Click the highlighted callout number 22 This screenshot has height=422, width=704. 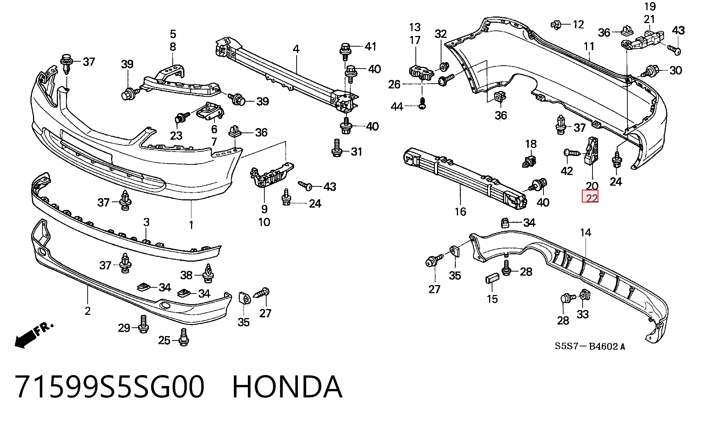tap(590, 198)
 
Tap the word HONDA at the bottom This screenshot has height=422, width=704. tap(287, 387)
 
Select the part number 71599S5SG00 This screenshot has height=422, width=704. tap(110, 387)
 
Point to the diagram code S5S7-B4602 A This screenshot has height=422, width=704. tap(590, 346)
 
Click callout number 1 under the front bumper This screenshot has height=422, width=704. tap(191, 225)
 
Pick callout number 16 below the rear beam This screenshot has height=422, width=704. tap(460, 211)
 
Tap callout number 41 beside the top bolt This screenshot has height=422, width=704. tap(370, 46)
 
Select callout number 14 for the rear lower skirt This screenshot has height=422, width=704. tap(586, 232)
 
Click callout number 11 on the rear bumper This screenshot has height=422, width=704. tap(589, 47)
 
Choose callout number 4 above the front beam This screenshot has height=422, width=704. tap(296, 49)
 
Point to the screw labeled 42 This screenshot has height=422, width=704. tap(570, 153)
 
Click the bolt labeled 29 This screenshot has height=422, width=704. tap(143, 324)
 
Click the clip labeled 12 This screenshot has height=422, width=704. tap(557, 25)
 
